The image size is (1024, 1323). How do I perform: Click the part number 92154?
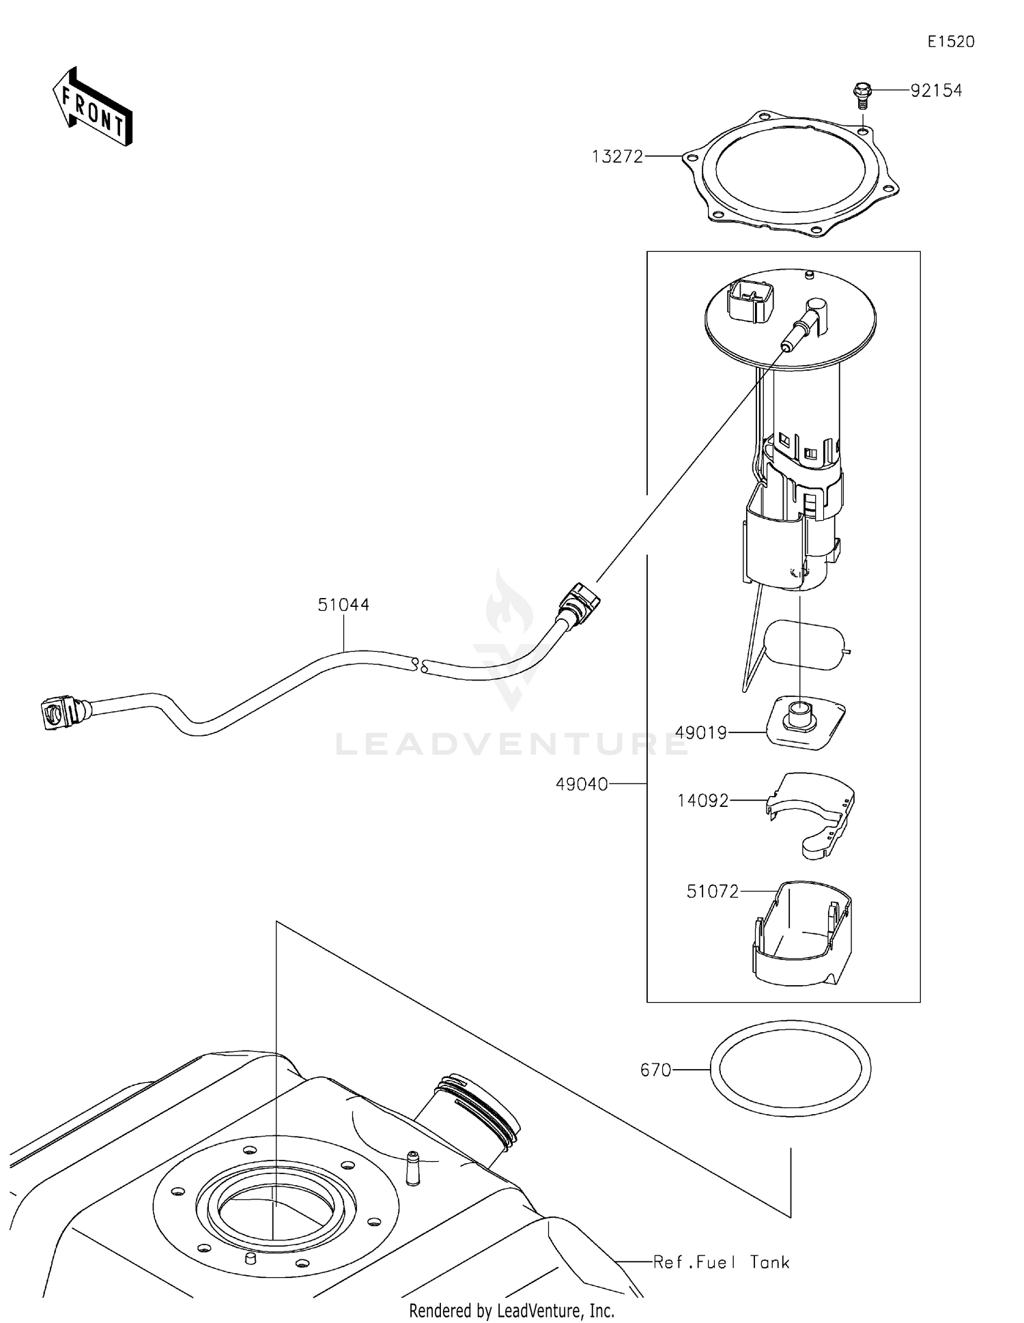(x=936, y=90)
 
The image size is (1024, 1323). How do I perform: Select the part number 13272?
(x=617, y=157)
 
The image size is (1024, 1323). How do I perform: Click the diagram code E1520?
(x=950, y=42)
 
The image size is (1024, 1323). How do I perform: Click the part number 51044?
(x=343, y=605)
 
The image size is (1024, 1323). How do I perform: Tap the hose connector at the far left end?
(x=57, y=713)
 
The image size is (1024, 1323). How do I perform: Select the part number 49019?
(x=700, y=733)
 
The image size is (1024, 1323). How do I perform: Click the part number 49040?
(x=582, y=785)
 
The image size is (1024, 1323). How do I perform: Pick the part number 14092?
(x=702, y=801)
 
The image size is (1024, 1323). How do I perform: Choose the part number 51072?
(x=712, y=892)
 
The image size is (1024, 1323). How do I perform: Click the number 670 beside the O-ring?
(x=655, y=1070)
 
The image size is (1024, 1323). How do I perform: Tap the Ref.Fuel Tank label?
(x=721, y=1262)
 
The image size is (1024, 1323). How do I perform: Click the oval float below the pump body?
(x=804, y=646)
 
